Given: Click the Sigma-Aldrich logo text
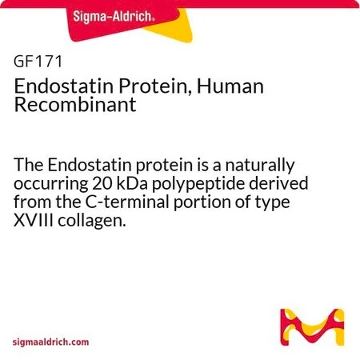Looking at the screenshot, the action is (x=114, y=17).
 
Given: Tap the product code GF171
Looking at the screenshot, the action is (x=38, y=62).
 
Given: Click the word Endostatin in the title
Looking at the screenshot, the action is (x=64, y=86).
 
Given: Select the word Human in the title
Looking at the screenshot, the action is (x=230, y=86).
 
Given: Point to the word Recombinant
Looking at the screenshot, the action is (x=75, y=104).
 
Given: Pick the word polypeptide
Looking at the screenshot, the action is (x=198, y=185).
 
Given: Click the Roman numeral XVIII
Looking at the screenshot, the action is (x=34, y=221).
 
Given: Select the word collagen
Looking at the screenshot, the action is (x=91, y=222).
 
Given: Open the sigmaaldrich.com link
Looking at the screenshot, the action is (x=50, y=342).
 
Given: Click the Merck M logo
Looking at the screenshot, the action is (x=312, y=327).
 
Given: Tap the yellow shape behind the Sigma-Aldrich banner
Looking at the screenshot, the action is (x=174, y=30).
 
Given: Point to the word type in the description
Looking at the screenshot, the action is (x=273, y=203).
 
